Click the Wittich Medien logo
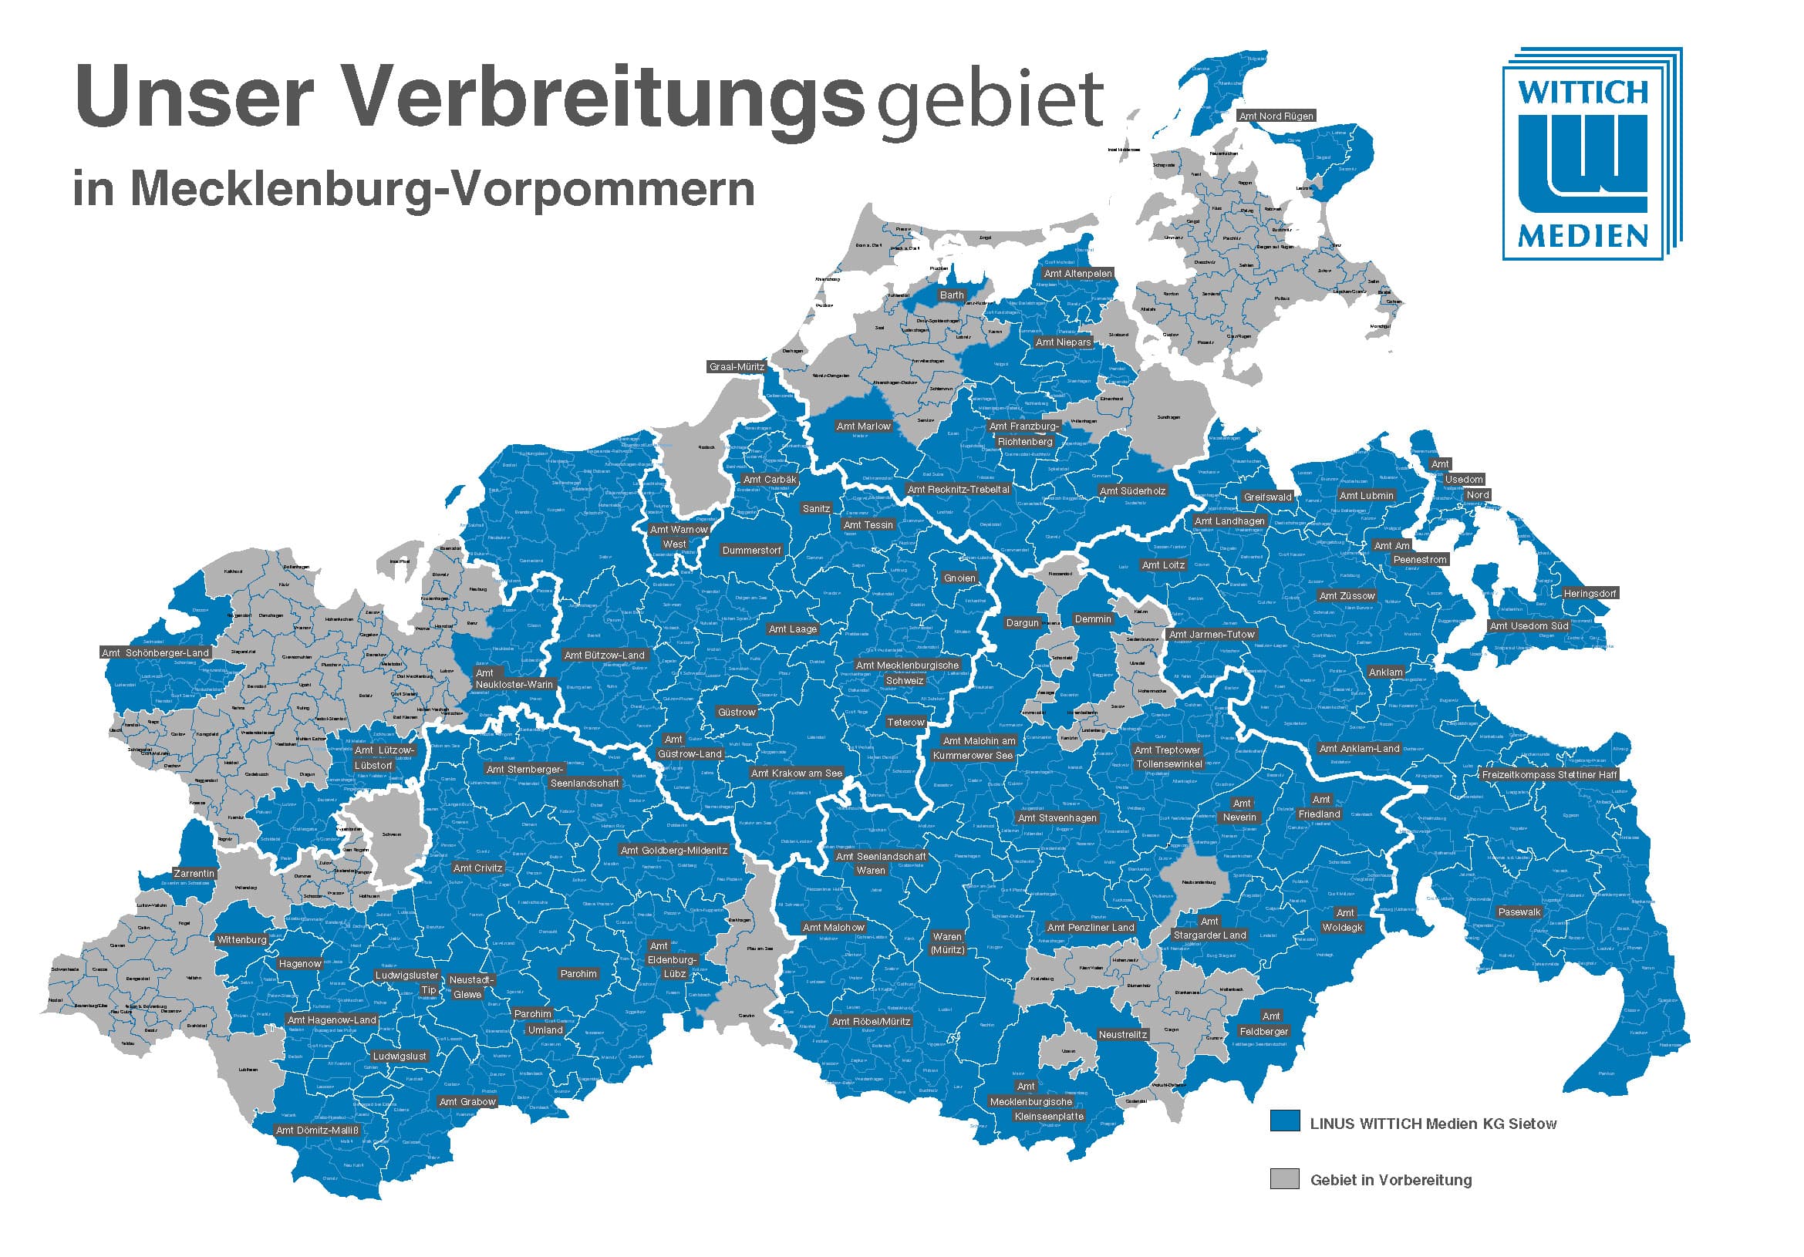pyautogui.click(x=1591, y=154)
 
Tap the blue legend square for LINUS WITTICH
pyautogui.click(x=1284, y=1121)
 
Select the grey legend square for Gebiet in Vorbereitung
pyautogui.click(x=1284, y=1178)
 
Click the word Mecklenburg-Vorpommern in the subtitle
pyautogui.click(x=443, y=188)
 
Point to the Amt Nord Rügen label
pyautogui.click(x=1275, y=116)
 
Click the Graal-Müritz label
pyautogui.click(x=737, y=367)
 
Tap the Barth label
pyautogui.click(x=952, y=295)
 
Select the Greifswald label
pyautogui.click(x=1267, y=497)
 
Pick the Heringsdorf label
pyautogui.click(x=1590, y=594)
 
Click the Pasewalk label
pyautogui.click(x=1519, y=912)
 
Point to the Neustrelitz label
pyautogui.click(x=1123, y=1035)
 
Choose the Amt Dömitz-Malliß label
pyautogui.click(x=317, y=1131)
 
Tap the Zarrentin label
pyautogui.click(x=194, y=874)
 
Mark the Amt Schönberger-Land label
pyautogui.click(x=156, y=653)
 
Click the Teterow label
pyautogui.click(x=906, y=723)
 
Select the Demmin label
pyautogui.click(x=1093, y=619)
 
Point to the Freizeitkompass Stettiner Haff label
pyautogui.click(x=1549, y=774)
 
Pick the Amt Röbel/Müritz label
pyautogui.click(x=871, y=1021)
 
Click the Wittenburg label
pyautogui.click(x=242, y=939)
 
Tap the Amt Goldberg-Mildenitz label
pyautogui.click(x=673, y=850)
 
